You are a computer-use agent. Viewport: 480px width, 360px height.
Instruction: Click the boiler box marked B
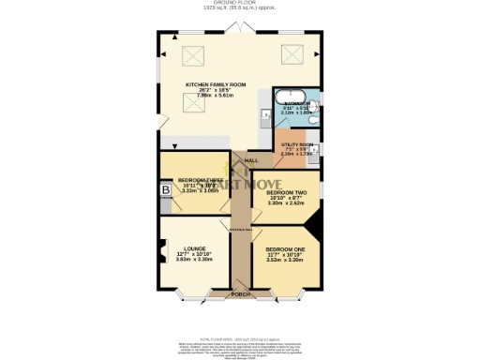166,191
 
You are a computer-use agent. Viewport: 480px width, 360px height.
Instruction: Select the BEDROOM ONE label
286,248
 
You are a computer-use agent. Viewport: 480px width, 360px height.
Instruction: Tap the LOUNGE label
195,248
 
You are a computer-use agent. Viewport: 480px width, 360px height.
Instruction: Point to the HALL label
251,160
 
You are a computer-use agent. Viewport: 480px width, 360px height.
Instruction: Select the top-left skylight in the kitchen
194,56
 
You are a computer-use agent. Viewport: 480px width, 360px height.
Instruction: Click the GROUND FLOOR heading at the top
240,3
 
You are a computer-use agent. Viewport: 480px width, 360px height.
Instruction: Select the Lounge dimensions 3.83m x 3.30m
195,260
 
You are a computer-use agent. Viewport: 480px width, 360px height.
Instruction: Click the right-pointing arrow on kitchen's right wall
317,53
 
